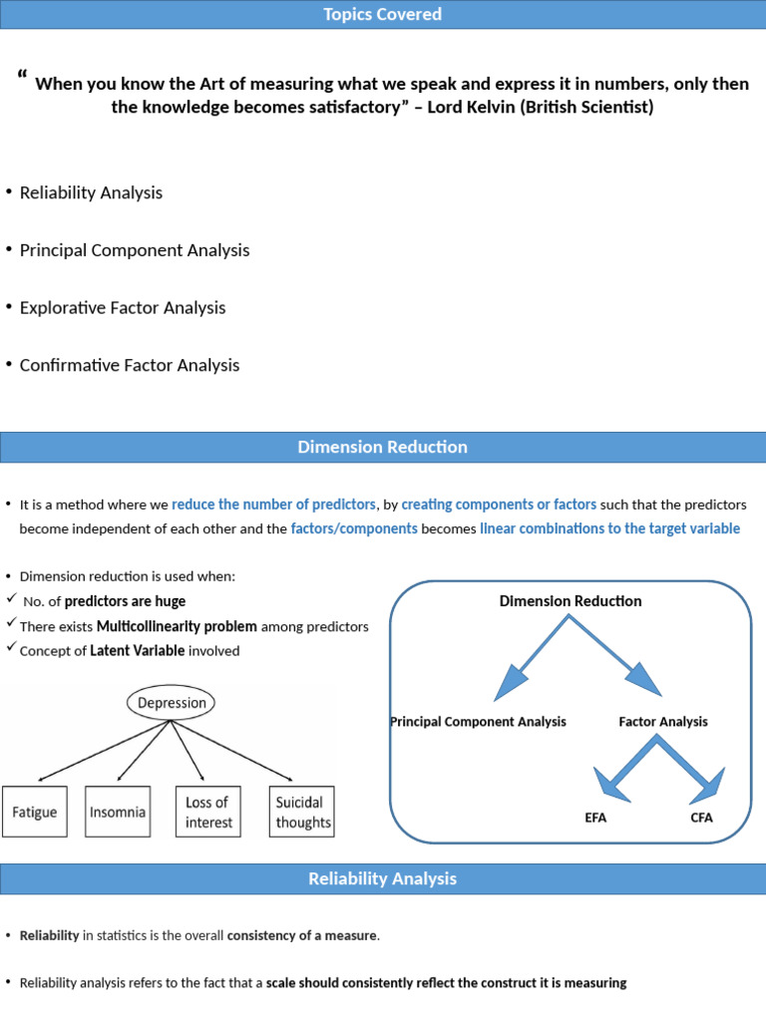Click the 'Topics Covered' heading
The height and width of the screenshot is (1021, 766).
(383, 14)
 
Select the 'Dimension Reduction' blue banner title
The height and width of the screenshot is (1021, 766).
(383, 447)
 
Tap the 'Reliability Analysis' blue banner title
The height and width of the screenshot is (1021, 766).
(383, 878)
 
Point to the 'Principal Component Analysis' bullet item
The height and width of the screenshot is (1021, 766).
(135, 250)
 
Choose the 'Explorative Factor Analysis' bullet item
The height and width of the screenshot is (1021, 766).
(123, 307)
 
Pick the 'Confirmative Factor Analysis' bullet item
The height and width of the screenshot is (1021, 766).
(130, 365)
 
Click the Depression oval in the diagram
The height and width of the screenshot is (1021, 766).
(172, 703)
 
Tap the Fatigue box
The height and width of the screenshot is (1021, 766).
(35, 812)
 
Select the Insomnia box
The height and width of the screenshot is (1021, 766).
(118, 812)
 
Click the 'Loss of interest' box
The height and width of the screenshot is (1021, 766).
(207, 812)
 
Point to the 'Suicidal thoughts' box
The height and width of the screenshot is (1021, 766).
(302, 812)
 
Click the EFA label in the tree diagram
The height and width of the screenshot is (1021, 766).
(595, 819)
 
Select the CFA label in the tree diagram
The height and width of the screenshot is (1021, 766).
(701, 819)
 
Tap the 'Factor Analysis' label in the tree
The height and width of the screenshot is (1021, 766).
(663, 721)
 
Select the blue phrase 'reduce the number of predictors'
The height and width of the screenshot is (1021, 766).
(274, 504)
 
